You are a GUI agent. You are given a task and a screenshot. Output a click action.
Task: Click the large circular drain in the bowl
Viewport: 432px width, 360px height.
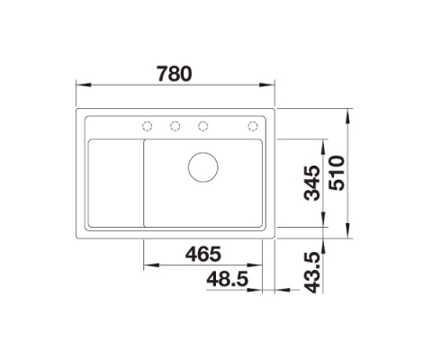coord(202,166)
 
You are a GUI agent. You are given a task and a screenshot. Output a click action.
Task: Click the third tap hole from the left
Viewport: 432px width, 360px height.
coord(203,125)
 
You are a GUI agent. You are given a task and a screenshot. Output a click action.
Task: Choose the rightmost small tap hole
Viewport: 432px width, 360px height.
coord(254,125)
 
